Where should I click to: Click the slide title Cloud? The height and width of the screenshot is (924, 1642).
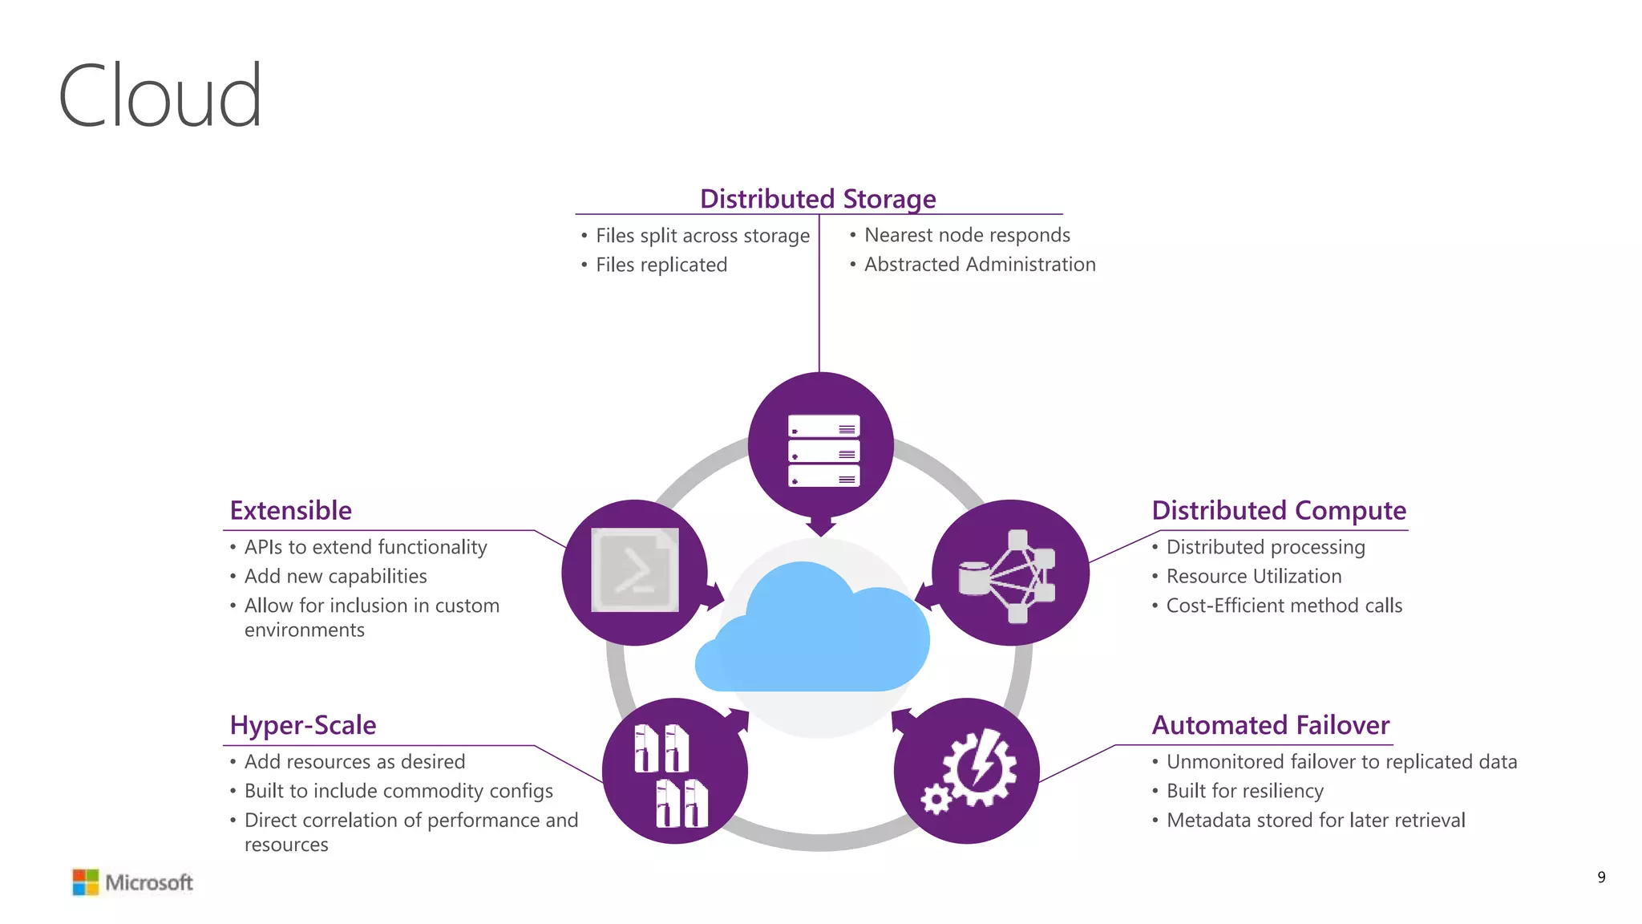coord(160,96)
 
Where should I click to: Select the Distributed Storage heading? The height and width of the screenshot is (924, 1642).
coord(818,199)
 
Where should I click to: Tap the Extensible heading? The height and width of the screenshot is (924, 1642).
coord(290,511)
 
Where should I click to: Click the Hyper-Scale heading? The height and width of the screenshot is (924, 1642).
coord(302,725)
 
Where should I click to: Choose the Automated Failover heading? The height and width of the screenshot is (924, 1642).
coord(1270,725)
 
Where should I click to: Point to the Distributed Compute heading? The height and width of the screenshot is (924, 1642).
coord(1278,511)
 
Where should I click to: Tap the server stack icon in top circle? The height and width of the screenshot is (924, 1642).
coord(823,450)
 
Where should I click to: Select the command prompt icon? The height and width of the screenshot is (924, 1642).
coord(634,570)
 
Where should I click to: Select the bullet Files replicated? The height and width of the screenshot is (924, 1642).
coord(661,265)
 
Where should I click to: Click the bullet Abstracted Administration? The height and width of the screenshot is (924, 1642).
coord(979,265)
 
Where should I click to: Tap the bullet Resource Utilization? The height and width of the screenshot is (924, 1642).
coord(1253,577)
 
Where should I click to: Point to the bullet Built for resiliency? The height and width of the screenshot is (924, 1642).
coord(1244,791)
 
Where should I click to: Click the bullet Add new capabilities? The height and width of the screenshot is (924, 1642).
coord(335,577)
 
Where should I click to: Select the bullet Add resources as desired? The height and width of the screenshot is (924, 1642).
coord(354,762)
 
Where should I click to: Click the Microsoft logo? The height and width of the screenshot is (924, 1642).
coord(133,882)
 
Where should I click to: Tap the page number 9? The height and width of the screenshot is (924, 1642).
coord(1601,877)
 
